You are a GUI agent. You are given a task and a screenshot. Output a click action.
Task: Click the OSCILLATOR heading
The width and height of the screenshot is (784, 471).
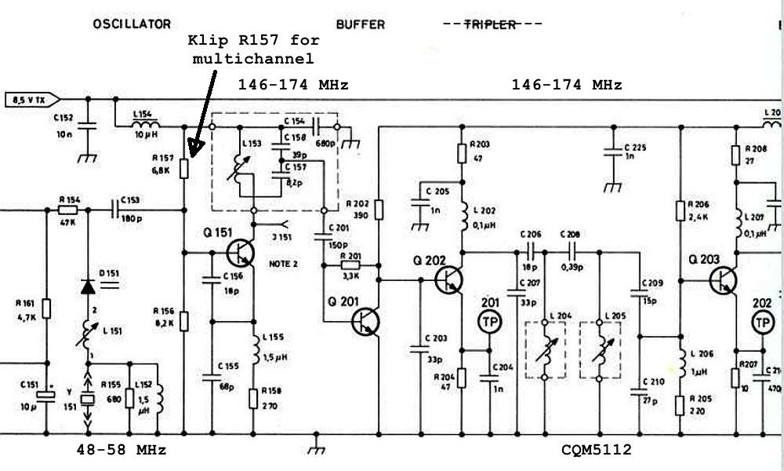click(132, 24)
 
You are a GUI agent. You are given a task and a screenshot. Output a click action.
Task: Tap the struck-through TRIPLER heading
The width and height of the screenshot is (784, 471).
click(493, 24)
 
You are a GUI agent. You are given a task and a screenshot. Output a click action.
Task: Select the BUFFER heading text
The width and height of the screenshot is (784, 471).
click(361, 24)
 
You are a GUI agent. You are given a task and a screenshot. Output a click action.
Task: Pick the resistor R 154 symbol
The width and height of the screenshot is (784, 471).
click(68, 210)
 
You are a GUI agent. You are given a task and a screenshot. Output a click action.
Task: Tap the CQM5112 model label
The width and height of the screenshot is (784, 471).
click(596, 450)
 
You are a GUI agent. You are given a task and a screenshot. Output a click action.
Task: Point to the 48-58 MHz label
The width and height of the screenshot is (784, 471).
click(121, 450)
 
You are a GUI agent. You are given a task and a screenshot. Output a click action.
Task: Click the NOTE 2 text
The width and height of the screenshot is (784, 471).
click(284, 265)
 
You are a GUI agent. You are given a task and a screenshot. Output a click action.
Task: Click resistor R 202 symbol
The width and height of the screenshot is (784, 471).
click(378, 210)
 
